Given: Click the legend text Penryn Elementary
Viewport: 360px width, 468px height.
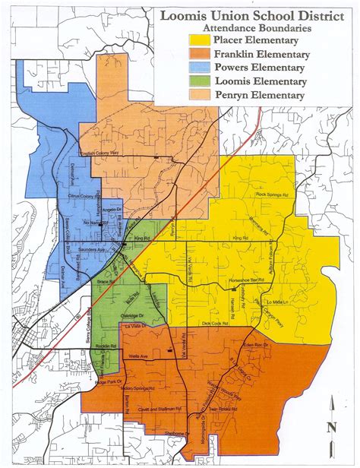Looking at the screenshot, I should click(261, 96).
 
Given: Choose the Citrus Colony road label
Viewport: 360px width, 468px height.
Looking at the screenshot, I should click(85, 196).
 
